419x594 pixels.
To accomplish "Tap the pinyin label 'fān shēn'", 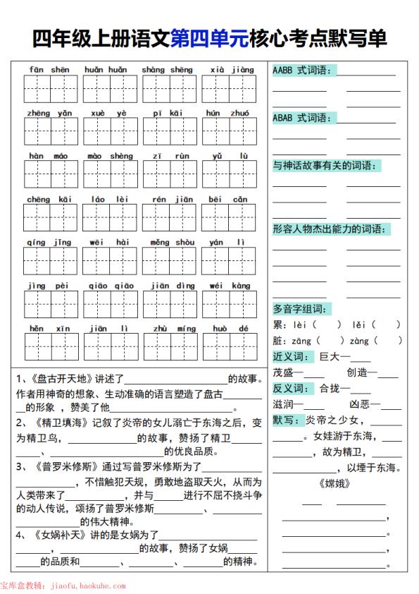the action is click(x=49, y=70).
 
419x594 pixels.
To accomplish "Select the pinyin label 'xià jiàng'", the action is click(x=232, y=70).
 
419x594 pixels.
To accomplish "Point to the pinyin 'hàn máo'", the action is click(x=49, y=156).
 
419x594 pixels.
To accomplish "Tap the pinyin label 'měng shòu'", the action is click(x=172, y=243).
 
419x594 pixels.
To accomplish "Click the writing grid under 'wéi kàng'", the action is click(x=230, y=304).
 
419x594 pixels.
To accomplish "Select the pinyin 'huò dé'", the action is click(x=230, y=329).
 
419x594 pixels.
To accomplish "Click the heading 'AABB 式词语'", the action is click(x=304, y=70).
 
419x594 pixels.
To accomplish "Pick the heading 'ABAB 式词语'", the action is click(x=304, y=118).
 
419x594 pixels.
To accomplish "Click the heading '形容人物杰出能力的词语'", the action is click(x=331, y=229).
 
